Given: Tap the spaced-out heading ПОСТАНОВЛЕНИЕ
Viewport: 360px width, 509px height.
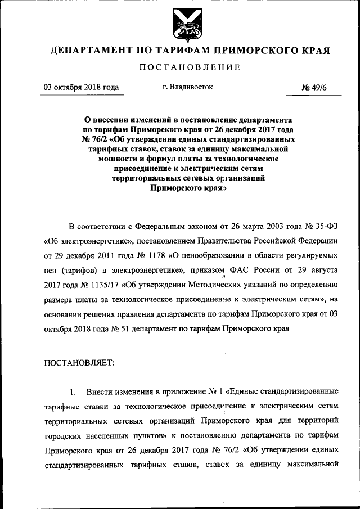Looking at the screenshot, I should coord(180,67).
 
